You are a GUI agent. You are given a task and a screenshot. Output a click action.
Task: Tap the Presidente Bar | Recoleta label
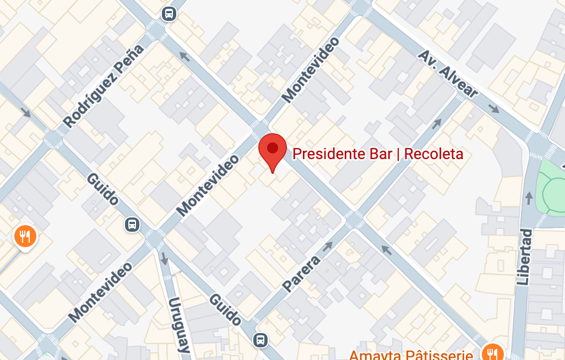point(378,154)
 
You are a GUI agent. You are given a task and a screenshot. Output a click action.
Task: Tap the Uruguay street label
point(180,325)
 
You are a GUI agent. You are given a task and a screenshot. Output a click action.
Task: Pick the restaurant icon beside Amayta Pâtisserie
point(490,353)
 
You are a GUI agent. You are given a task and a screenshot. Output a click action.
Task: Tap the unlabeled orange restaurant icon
point(25,237)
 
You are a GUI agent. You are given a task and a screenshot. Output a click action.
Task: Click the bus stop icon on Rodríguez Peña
point(169,13)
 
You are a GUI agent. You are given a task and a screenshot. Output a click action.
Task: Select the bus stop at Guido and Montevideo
point(132,224)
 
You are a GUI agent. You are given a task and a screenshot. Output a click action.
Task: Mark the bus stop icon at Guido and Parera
point(260,340)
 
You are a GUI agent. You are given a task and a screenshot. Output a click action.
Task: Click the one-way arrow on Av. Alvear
point(494,108)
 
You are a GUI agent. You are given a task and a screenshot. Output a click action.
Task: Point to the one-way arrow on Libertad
point(529,197)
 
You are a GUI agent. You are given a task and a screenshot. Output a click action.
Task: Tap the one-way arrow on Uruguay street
point(164,258)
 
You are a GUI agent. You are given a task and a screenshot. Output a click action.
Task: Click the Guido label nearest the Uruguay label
point(225,309)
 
